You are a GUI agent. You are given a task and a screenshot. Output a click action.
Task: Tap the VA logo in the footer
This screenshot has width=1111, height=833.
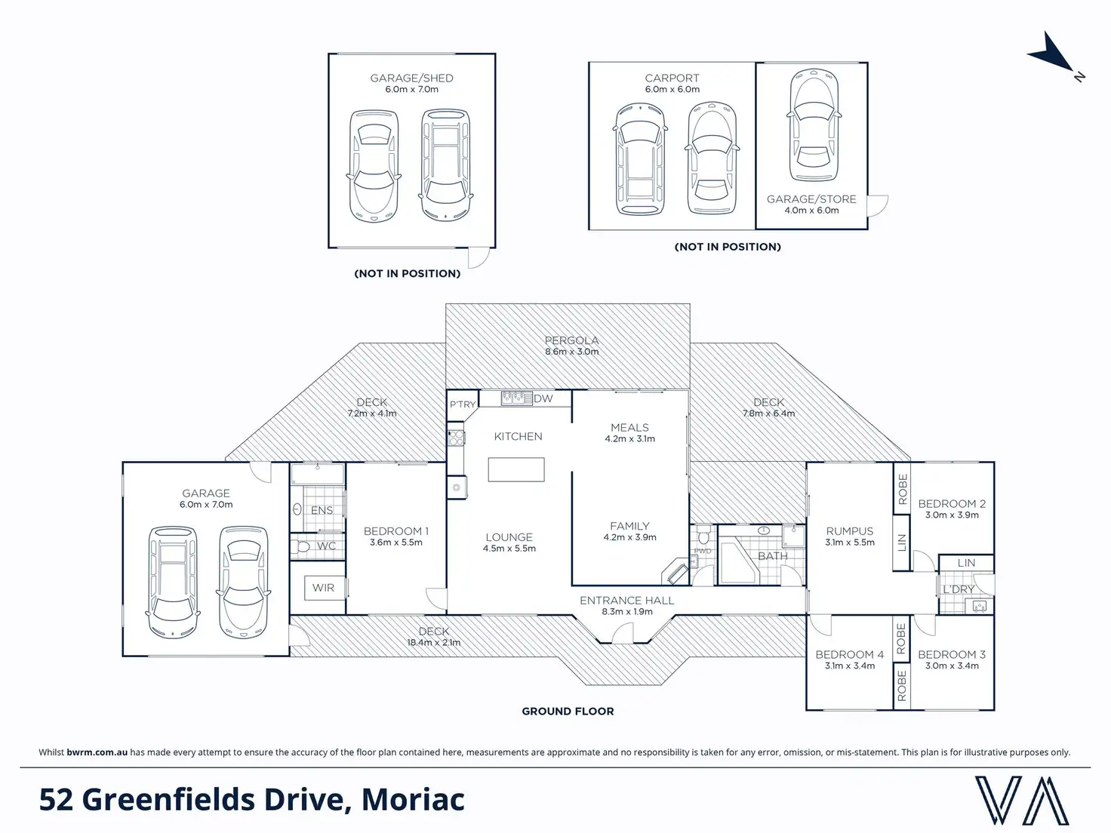tap(1021, 800)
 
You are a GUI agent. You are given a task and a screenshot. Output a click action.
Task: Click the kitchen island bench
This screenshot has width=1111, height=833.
tap(515, 469)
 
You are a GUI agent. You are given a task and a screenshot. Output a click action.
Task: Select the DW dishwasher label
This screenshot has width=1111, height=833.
tap(543, 398)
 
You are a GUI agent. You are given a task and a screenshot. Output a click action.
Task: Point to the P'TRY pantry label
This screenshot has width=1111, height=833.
tap(463, 404)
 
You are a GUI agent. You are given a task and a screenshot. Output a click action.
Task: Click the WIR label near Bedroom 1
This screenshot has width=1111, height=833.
tap(323, 588)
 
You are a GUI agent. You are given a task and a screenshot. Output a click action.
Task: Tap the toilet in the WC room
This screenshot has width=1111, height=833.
tap(302, 546)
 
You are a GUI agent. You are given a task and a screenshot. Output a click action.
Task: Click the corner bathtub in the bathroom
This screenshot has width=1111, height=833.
tap(737, 563)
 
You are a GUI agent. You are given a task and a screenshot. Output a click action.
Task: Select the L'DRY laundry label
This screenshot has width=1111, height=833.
tap(959, 589)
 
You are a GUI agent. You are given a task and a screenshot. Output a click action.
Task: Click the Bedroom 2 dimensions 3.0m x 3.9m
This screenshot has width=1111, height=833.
tap(952, 515)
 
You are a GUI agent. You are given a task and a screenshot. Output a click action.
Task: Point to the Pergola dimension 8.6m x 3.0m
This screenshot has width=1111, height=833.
tap(571, 352)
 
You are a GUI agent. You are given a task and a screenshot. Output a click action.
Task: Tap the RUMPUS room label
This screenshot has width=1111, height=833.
tap(849, 531)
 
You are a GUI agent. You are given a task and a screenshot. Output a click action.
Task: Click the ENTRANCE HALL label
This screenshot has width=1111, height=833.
tap(626, 601)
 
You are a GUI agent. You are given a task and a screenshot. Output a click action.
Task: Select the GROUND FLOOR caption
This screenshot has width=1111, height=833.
tap(568, 711)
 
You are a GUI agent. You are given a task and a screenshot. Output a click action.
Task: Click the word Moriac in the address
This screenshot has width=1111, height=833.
tap(413, 800)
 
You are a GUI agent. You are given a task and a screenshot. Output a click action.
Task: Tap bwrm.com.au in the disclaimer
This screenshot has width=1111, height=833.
tap(97, 752)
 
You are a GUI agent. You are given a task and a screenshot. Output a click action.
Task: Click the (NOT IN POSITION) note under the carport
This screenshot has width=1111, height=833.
tap(728, 247)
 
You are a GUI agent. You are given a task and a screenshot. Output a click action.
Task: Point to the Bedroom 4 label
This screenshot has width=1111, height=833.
tap(849, 654)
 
